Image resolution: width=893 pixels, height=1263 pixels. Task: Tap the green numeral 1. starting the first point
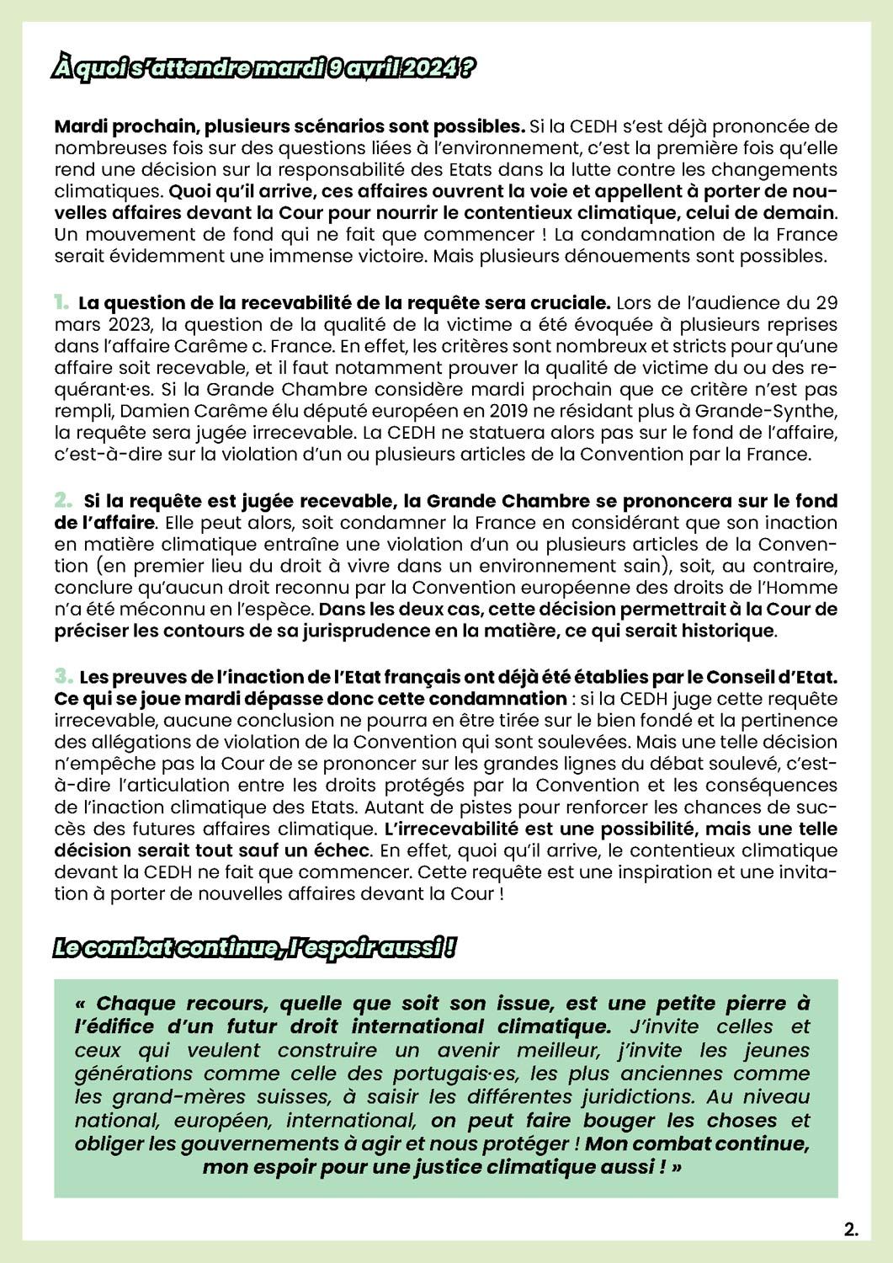pos(61,302)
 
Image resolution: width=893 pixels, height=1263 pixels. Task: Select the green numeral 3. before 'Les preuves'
pos(63,676)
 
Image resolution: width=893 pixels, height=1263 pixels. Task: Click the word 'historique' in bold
pos(731,630)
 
